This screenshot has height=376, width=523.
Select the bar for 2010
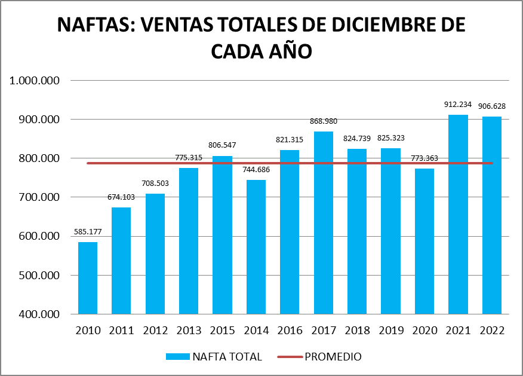88,278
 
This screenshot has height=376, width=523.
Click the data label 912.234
458,105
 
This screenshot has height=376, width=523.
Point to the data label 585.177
88,232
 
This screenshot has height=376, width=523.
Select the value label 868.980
323,121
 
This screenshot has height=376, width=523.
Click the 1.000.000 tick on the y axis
36,81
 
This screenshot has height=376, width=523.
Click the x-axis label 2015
222,331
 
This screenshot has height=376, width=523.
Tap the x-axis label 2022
492,331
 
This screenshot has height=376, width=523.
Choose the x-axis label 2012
155,331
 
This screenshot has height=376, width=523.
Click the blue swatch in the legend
177,357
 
